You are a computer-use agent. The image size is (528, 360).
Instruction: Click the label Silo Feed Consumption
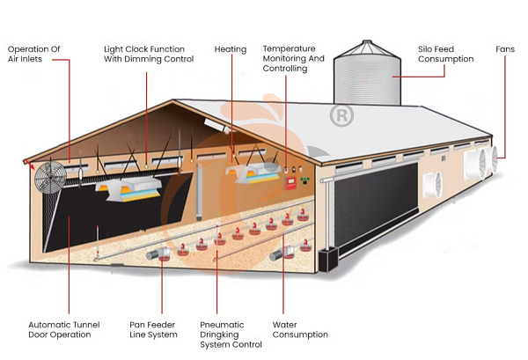point(445,55)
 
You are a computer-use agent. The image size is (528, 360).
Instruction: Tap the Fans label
point(505,49)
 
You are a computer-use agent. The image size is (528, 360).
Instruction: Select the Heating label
point(231,49)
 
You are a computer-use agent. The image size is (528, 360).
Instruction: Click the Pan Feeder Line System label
point(152,329)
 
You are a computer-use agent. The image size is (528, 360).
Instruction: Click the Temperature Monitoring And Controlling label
point(293,58)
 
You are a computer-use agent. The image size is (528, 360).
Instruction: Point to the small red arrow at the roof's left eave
point(31,165)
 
